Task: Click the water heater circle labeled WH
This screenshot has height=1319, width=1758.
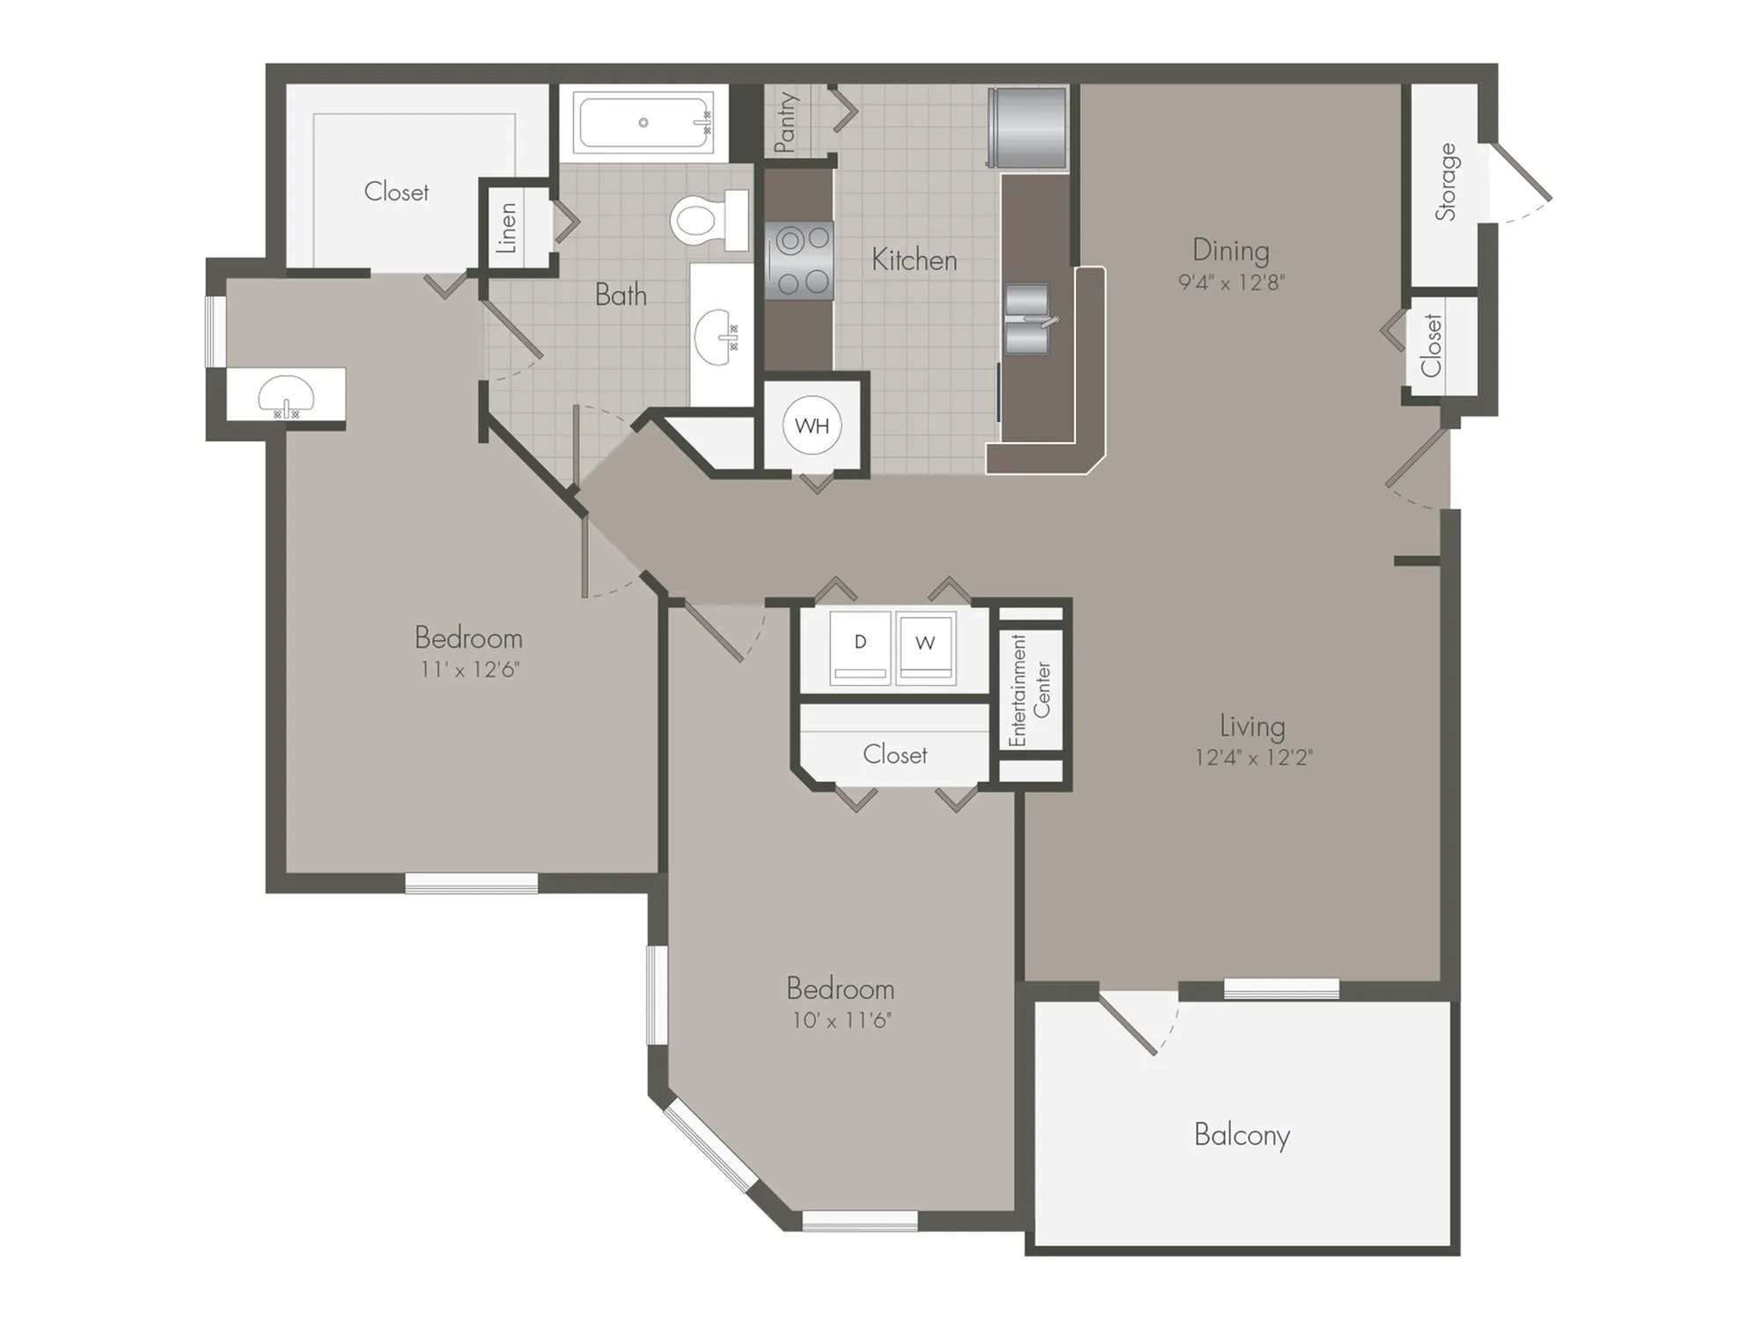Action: (811, 426)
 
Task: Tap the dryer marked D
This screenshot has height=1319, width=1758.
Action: (860, 649)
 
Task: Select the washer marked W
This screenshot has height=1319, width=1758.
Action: (926, 649)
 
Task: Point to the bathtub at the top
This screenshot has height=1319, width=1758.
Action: (644, 123)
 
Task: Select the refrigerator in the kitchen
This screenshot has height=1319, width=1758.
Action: (1027, 128)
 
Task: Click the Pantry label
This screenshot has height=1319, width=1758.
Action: (786, 122)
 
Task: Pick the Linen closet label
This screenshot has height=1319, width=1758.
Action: (507, 228)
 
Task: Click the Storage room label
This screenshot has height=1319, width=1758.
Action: (1446, 182)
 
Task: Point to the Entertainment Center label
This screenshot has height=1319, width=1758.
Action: (1029, 691)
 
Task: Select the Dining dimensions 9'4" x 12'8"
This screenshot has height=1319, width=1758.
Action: (1231, 282)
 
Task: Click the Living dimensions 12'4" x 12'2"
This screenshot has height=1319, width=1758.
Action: (1253, 757)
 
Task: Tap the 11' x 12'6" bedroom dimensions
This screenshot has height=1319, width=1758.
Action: (469, 669)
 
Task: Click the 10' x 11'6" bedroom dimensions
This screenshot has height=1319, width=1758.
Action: (841, 1020)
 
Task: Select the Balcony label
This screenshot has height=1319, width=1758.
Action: (1241, 1135)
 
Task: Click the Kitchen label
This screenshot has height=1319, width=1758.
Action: (914, 260)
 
